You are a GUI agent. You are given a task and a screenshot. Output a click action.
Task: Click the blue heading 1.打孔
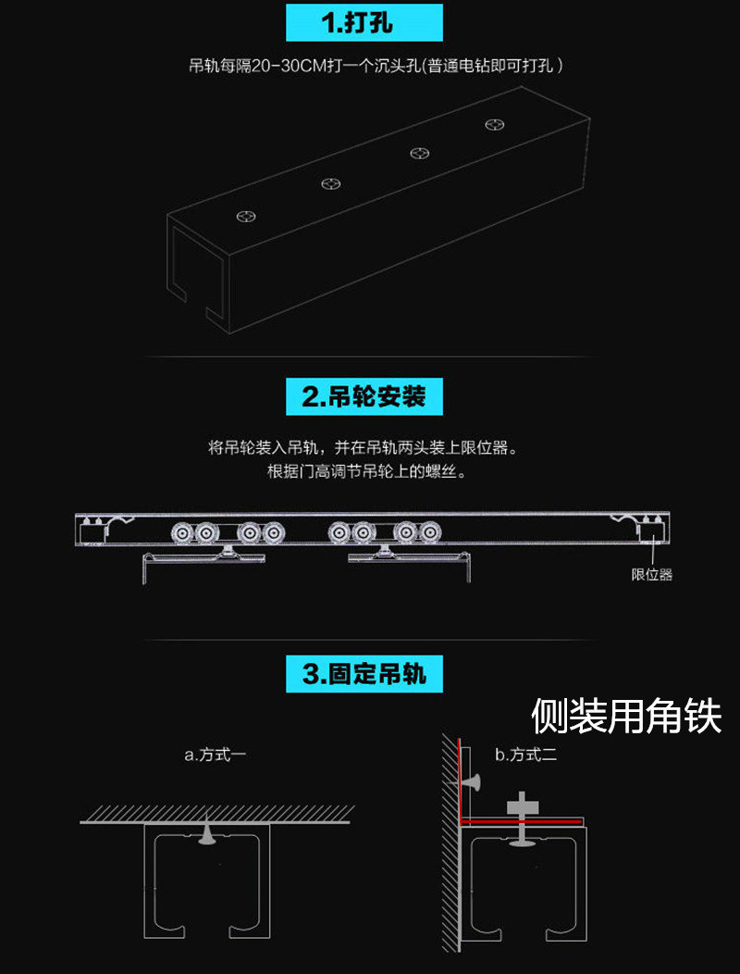tap(364, 22)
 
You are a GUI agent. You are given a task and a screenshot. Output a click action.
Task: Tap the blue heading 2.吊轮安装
tap(364, 396)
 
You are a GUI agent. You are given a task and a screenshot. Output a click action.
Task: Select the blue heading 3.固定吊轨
tap(364, 673)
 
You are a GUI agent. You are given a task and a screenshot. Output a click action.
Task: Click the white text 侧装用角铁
tap(626, 717)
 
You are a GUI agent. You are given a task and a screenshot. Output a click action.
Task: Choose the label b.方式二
tap(525, 755)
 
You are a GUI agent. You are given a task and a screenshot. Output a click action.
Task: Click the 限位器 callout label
tap(652, 575)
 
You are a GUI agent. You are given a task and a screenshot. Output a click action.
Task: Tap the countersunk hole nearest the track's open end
tap(246, 216)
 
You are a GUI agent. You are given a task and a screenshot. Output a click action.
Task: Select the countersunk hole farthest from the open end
tap(495, 124)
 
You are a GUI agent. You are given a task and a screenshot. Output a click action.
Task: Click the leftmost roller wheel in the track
tap(181, 533)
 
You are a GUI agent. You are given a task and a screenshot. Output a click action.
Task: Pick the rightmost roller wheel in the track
tap(428, 533)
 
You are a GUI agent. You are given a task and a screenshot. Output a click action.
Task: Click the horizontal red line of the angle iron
tap(521, 821)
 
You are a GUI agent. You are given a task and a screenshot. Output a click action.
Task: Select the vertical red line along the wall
tap(458, 780)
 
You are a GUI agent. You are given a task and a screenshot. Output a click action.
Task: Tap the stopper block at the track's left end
tap(90, 531)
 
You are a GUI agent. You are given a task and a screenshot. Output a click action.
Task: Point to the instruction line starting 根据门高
tap(366, 471)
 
